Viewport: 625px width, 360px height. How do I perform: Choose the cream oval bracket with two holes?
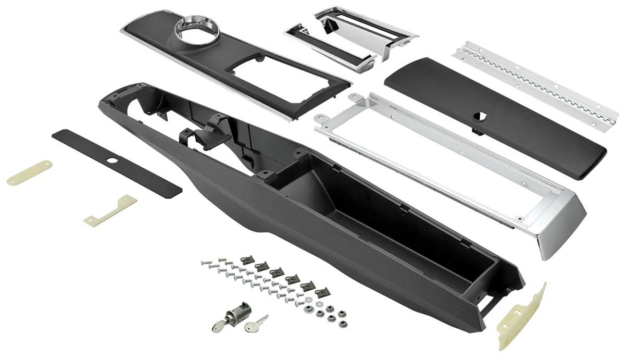[29, 172]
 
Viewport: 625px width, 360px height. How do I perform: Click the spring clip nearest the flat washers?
[322, 293]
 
